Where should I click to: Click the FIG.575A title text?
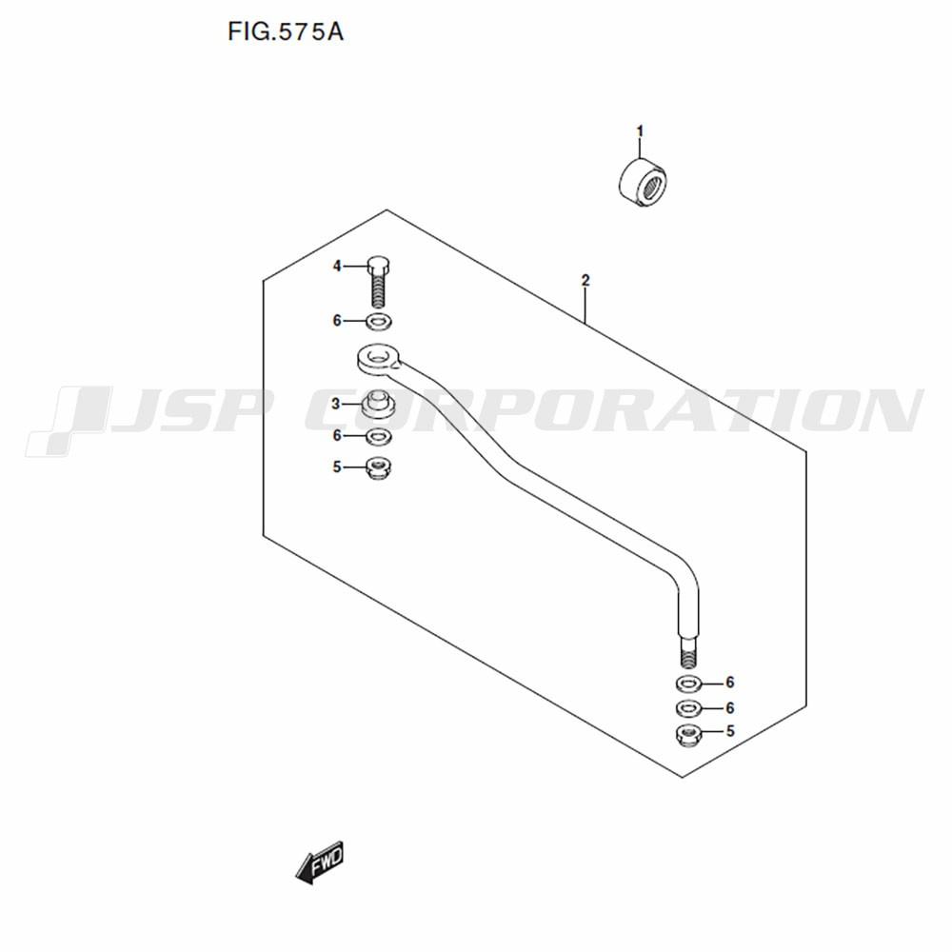tap(286, 31)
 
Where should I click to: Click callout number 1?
tap(640, 131)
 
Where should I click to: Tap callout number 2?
tap(585, 281)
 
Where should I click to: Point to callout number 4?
tap(337, 266)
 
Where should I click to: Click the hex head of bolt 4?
tap(378, 266)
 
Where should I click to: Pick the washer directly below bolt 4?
tap(378, 321)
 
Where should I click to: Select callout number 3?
tap(336, 404)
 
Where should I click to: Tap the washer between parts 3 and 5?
tap(378, 436)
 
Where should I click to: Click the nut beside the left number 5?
tap(378, 468)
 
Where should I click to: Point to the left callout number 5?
tap(337, 466)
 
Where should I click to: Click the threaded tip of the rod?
tap(688, 653)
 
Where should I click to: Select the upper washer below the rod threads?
tap(688, 684)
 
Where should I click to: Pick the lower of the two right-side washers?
tap(688, 708)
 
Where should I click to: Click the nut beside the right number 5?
tap(688, 735)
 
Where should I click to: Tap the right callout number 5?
tap(730, 731)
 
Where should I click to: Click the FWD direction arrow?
tap(320, 863)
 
